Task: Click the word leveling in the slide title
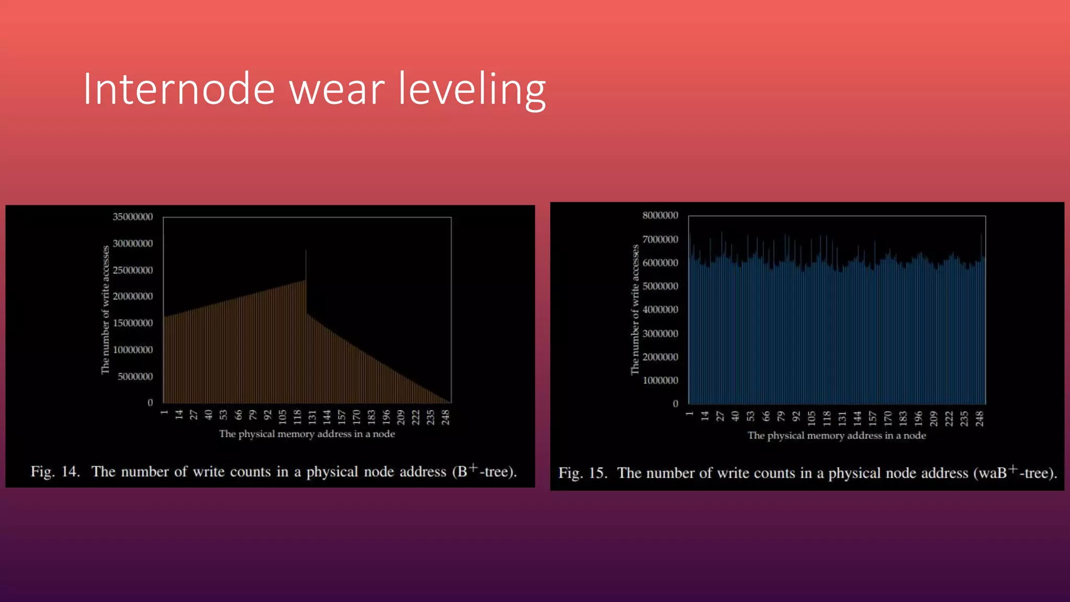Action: click(472, 90)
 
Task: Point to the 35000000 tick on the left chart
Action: click(133, 217)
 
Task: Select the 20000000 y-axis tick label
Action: click(133, 296)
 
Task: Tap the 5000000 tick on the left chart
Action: click(135, 376)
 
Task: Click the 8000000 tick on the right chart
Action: click(660, 215)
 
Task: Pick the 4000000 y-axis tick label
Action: click(660, 309)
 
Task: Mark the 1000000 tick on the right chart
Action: click(660, 380)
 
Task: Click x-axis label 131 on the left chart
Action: click(312, 416)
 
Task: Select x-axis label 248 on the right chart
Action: click(980, 418)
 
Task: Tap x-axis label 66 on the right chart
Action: click(766, 416)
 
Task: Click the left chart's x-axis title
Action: click(307, 434)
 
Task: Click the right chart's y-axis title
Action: click(635, 309)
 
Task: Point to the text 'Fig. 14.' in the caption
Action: click(55, 472)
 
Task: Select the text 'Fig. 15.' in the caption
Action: click(583, 473)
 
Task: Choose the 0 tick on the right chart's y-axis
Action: click(675, 403)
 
